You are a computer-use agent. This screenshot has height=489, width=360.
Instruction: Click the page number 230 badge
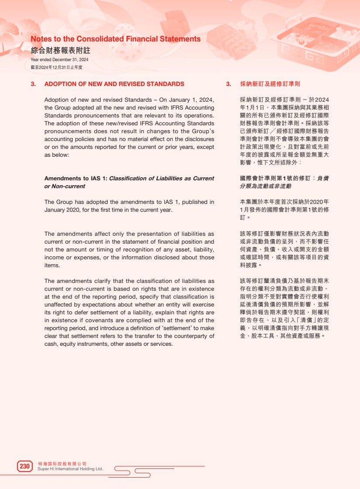(24, 466)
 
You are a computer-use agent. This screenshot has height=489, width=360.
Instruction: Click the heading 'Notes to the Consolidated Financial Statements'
(116, 39)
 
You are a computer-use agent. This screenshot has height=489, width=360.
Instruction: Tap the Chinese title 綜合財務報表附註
(60, 50)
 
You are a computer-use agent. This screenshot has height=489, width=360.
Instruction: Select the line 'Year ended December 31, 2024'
(59, 60)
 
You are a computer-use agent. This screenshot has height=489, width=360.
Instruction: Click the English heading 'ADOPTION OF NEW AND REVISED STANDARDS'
(114, 84)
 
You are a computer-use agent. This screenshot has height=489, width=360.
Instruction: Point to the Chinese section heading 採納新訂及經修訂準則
(270, 84)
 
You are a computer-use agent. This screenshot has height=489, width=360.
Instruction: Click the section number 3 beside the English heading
(33, 84)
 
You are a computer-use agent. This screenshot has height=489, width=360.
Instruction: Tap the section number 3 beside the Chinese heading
(228, 84)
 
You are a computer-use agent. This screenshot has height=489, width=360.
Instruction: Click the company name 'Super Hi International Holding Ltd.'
(70, 469)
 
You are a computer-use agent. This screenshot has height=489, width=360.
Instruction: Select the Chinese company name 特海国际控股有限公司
(62, 464)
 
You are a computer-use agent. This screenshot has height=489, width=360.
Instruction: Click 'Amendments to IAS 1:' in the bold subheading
(76, 178)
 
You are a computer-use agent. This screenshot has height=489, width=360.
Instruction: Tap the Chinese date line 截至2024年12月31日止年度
(56, 67)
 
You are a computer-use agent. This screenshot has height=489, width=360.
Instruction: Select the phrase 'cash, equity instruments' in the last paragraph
(75, 344)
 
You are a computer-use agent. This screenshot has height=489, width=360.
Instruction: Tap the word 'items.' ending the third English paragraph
(52, 265)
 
